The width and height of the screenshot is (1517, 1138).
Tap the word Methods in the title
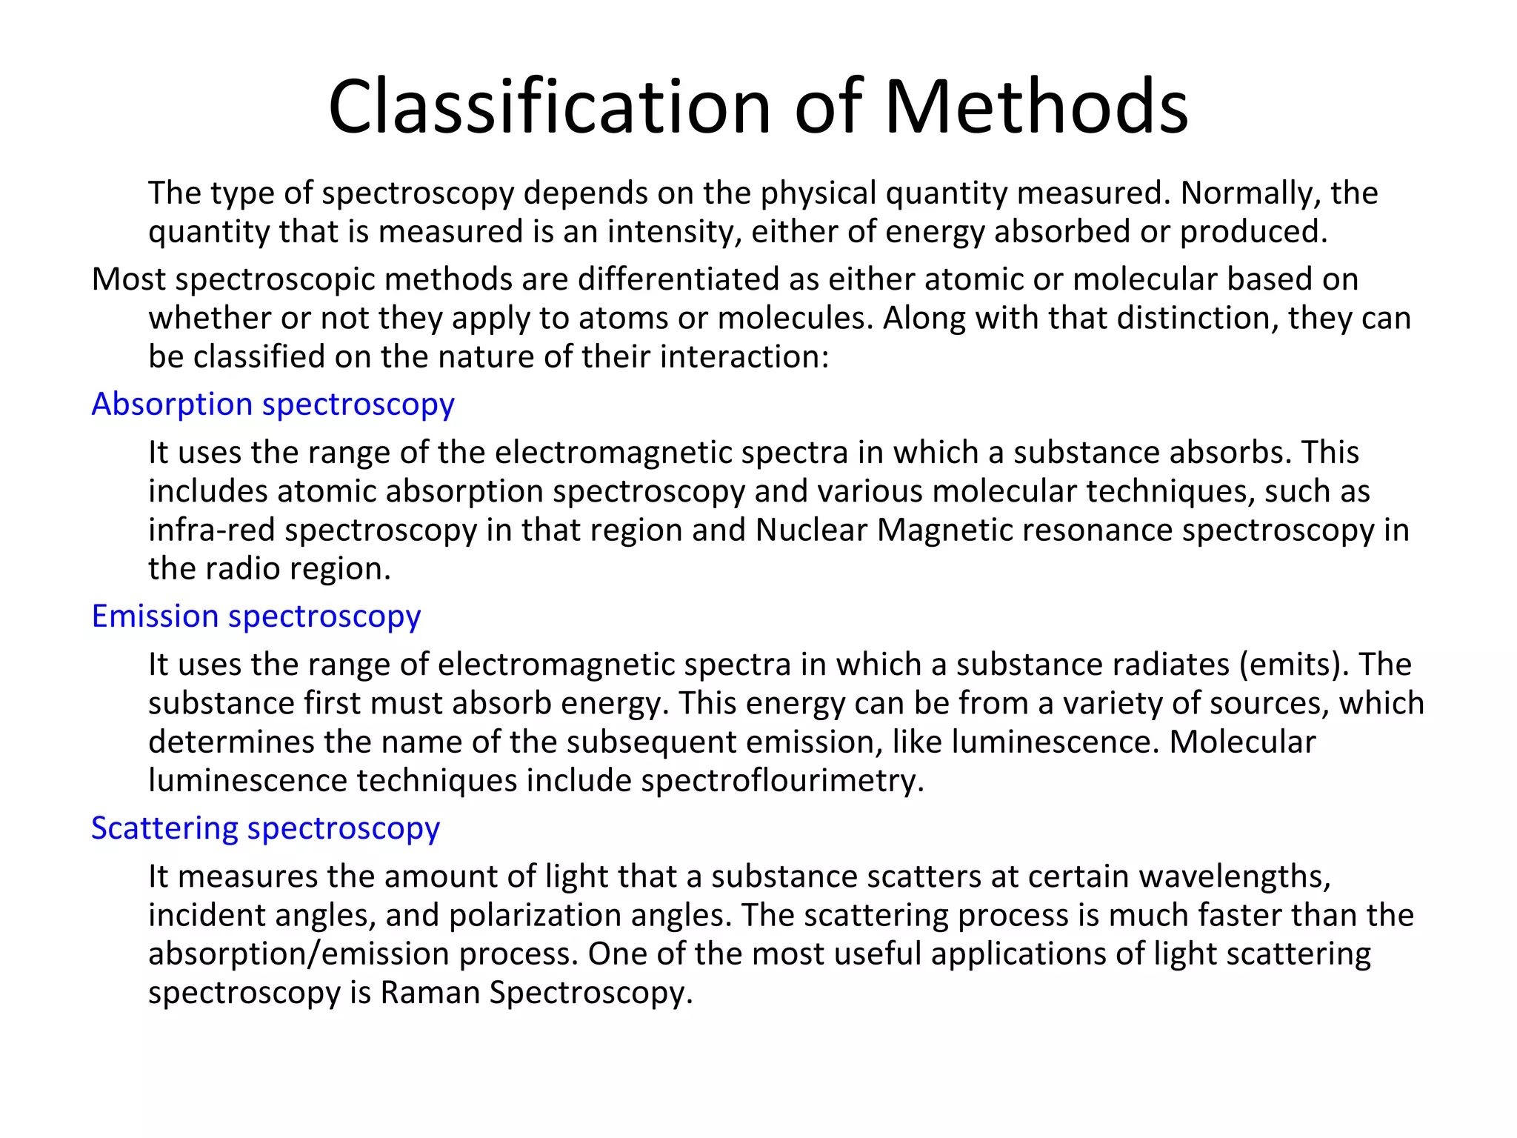click(1036, 107)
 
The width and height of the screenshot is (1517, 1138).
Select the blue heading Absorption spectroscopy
click(273, 405)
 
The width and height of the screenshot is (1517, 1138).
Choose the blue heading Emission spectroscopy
click(256, 616)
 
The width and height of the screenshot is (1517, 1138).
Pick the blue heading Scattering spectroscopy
click(265, 828)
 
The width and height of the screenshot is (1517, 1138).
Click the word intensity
click(675, 232)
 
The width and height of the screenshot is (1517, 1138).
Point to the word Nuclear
click(811, 530)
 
